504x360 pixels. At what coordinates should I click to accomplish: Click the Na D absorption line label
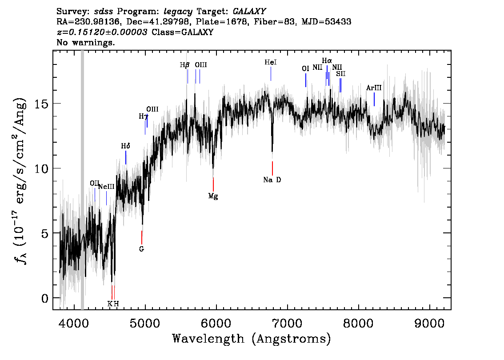tap(272, 180)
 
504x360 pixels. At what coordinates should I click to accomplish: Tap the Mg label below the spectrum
tap(213, 196)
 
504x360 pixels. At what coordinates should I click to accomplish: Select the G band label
tap(141, 249)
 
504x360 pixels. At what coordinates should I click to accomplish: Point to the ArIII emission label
tap(374, 88)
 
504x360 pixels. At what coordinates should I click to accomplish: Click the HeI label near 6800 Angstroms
tap(271, 63)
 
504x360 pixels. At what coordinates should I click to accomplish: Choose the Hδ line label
tap(126, 146)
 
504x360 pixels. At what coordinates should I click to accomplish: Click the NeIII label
tap(106, 187)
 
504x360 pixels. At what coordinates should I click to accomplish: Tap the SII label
tap(340, 74)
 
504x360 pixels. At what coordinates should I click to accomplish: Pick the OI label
tap(305, 68)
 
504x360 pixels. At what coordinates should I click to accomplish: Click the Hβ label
tap(185, 65)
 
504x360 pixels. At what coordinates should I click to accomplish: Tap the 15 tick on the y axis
tap(42, 104)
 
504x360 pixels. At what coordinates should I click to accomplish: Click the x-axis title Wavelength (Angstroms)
tap(252, 339)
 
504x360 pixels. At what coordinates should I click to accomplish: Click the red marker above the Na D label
tap(272, 168)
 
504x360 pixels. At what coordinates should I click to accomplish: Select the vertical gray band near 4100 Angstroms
tap(82, 178)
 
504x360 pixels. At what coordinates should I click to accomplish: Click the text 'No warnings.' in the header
tap(86, 43)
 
